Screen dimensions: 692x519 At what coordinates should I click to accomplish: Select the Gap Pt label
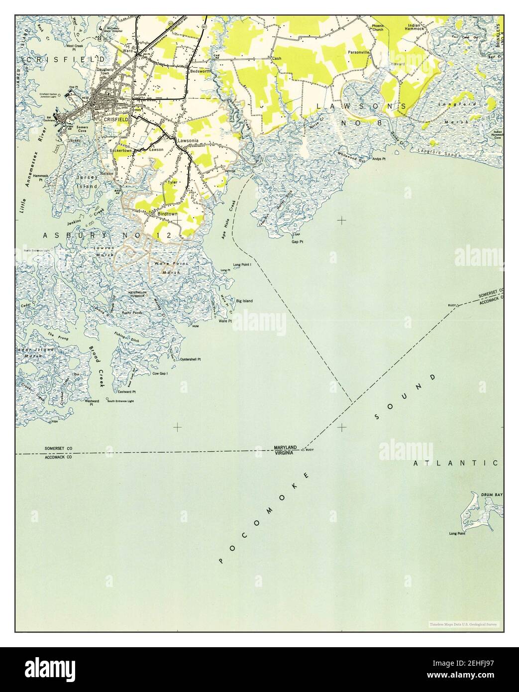pos(298,241)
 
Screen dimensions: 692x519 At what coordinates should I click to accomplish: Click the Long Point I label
pos(243,265)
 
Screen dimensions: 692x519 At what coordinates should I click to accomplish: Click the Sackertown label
pos(120,149)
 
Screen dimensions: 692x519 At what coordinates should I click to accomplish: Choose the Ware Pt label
pos(225,321)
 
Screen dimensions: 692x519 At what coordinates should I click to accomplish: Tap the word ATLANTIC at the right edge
pos(455,463)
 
